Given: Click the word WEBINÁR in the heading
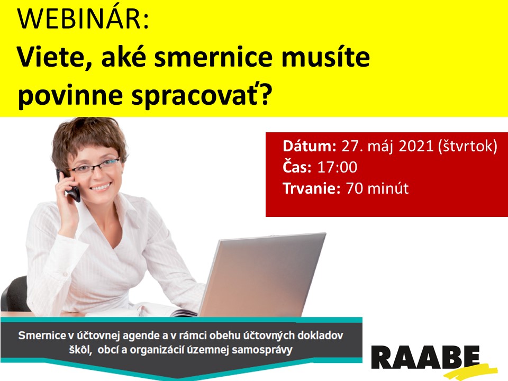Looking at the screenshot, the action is point(83,19).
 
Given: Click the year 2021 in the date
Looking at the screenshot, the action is point(416,146).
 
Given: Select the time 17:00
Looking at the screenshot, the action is point(337,167).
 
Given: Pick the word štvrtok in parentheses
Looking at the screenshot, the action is point(467,146).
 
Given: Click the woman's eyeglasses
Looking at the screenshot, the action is point(94,166).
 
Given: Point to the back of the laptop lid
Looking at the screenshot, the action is point(262,275).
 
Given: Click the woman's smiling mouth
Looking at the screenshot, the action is point(101,187).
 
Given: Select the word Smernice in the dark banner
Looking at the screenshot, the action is point(42,335).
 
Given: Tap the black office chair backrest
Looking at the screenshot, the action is point(15,294).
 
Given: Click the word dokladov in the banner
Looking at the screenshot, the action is point(320,335).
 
